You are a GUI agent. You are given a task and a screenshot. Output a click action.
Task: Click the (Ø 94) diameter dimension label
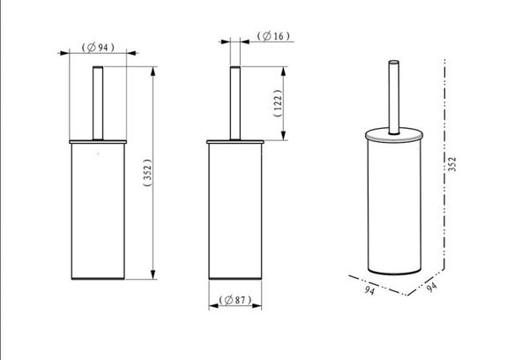[98, 48]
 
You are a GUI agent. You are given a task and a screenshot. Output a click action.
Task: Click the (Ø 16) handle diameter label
[273, 36]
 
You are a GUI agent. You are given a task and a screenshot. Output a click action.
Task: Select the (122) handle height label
[278, 103]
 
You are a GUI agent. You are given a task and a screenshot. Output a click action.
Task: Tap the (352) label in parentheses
[148, 173]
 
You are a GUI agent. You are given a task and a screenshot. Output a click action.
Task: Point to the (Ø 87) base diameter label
[235, 299]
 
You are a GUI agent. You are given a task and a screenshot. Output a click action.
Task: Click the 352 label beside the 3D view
[452, 164]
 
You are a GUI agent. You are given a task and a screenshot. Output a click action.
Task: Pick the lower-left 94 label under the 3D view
[369, 290]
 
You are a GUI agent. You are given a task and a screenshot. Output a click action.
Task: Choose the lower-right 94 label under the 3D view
[431, 287]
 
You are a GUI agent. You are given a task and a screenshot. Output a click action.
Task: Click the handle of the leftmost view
[98, 103]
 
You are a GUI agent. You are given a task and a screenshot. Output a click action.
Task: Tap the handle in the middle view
[235, 103]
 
